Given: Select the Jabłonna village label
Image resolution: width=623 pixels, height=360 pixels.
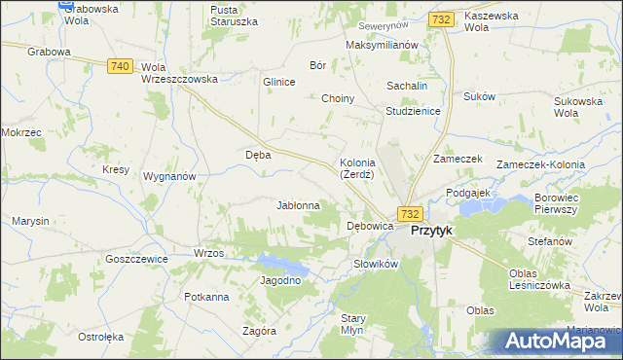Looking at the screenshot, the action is [x=299, y=205].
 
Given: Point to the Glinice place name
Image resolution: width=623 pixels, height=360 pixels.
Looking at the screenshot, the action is [x=278, y=82].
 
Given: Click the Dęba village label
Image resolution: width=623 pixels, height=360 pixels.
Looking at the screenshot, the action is [x=258, y=154].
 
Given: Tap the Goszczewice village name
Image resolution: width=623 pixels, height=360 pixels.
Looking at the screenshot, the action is [x=137, y=259].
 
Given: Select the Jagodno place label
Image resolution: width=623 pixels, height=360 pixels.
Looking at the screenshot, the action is [x=280, y=280].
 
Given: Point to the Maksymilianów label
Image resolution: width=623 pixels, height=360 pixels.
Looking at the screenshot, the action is [x=382, y=45].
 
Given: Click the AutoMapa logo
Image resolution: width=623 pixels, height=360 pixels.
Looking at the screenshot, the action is [x=560, y=342].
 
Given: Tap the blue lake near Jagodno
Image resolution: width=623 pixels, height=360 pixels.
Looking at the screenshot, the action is [x=281, y=261].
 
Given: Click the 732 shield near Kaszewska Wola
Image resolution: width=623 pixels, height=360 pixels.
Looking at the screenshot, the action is [x=441, y=18].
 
